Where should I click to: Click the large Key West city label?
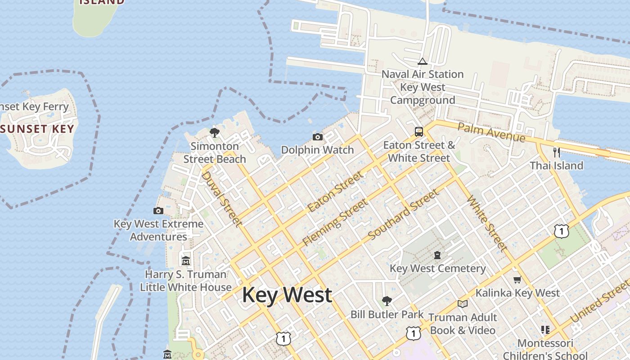point(287,295)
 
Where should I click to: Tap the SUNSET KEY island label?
point(37,129)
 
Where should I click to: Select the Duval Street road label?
point(221,198)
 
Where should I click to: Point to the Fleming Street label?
point(335,223)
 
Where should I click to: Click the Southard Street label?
point(403,215)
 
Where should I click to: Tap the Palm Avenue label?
point(491,132)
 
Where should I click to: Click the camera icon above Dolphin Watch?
point(317,137)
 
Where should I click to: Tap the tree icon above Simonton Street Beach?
point(215,133)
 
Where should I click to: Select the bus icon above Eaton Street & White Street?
point(419,132)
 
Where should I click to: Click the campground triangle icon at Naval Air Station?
point(422,61)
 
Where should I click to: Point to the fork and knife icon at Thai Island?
point(557,153)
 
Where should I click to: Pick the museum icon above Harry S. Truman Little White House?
point(185,261)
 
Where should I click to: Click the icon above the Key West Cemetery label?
point(437,256)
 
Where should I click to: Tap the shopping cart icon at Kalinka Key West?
point(517,280)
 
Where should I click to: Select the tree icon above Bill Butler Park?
point(387,301)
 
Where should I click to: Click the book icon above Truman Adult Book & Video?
point(462,304)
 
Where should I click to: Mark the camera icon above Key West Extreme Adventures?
point(158,211)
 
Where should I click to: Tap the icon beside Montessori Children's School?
point(545,330)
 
